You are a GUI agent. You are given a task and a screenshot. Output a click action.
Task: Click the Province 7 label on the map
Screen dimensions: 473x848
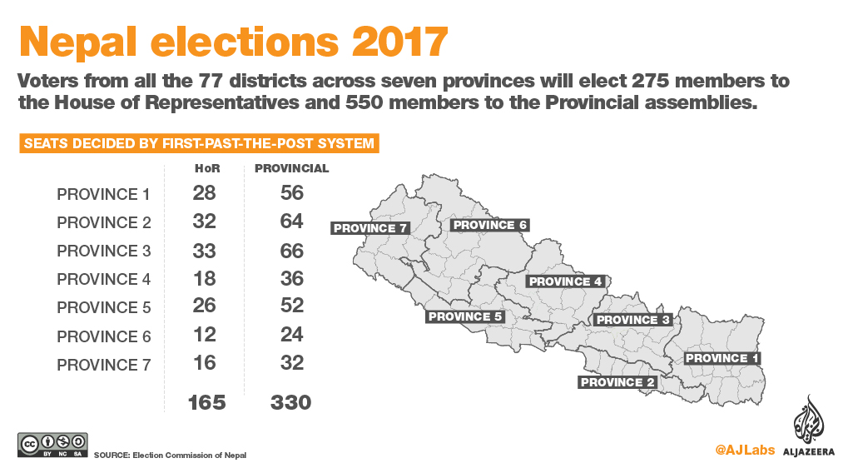(x=370, y=228)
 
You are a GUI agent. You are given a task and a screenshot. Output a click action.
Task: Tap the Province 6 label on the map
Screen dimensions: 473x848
(x=489, y=225)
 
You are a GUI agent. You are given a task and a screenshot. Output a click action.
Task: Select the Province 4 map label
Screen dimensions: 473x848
(x=565, y=281)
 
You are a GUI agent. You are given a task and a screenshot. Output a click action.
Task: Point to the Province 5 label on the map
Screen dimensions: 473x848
(x=465, y=316)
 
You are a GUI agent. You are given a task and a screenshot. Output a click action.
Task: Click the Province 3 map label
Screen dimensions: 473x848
(x=633, y=320)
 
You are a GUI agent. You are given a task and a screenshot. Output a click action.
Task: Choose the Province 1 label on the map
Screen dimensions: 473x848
(x=722, y=358)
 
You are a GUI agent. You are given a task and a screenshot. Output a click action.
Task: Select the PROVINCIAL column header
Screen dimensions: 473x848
(x=291, y=168)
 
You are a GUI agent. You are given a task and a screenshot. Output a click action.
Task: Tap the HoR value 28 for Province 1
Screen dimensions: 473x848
(x=204, y=193)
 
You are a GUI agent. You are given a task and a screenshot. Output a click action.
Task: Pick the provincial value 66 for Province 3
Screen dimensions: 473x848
(x=291, y=251)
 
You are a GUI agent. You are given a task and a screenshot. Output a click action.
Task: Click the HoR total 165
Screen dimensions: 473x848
(x=206, y=403)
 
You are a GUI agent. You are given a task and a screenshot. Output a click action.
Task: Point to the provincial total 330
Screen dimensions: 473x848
(x=290, y=403)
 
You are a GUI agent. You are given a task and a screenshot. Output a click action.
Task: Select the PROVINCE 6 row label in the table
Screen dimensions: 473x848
(x=103, y=337)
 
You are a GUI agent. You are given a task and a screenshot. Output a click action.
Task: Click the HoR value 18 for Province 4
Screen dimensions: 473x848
(x=204, y=279)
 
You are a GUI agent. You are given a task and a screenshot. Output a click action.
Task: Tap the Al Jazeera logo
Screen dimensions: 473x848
(x=807, y=426)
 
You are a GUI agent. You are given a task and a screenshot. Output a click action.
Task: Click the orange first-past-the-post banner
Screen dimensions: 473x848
(x=199, y=143)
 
